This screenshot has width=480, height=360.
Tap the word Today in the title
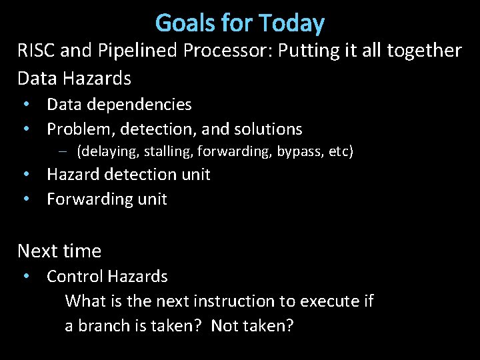[293, 23]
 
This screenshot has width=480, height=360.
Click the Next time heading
[59, 251]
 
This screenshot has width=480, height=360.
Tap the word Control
[75, 276]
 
